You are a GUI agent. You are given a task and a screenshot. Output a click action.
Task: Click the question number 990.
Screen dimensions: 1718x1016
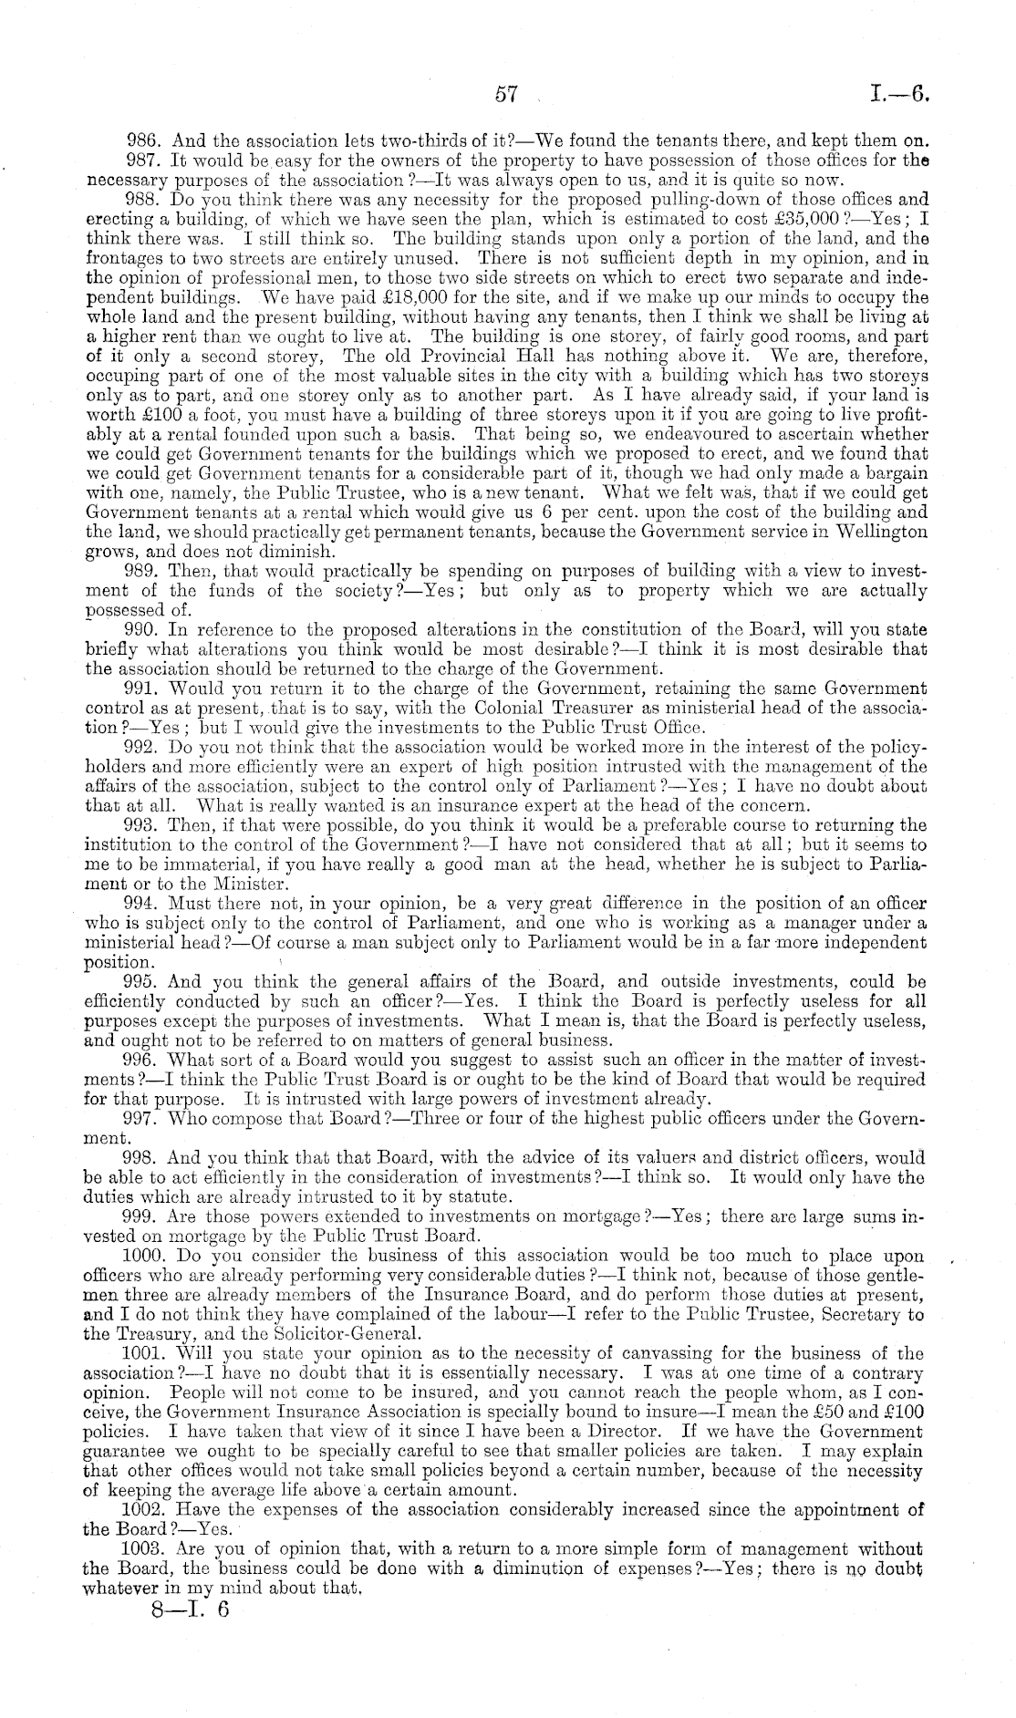click(x=143, y=630)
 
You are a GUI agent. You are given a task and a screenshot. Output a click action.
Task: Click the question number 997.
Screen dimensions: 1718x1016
click(x=143, y=1119)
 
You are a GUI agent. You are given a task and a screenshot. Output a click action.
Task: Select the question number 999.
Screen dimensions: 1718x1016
click(x=143, y=1217)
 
